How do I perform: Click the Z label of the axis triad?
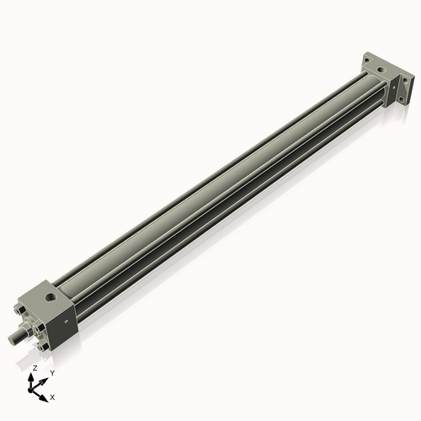point(35,369)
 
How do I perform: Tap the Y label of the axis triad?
point(51,372)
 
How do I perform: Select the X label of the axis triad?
point(52,396)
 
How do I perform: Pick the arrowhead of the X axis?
point(45,393)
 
